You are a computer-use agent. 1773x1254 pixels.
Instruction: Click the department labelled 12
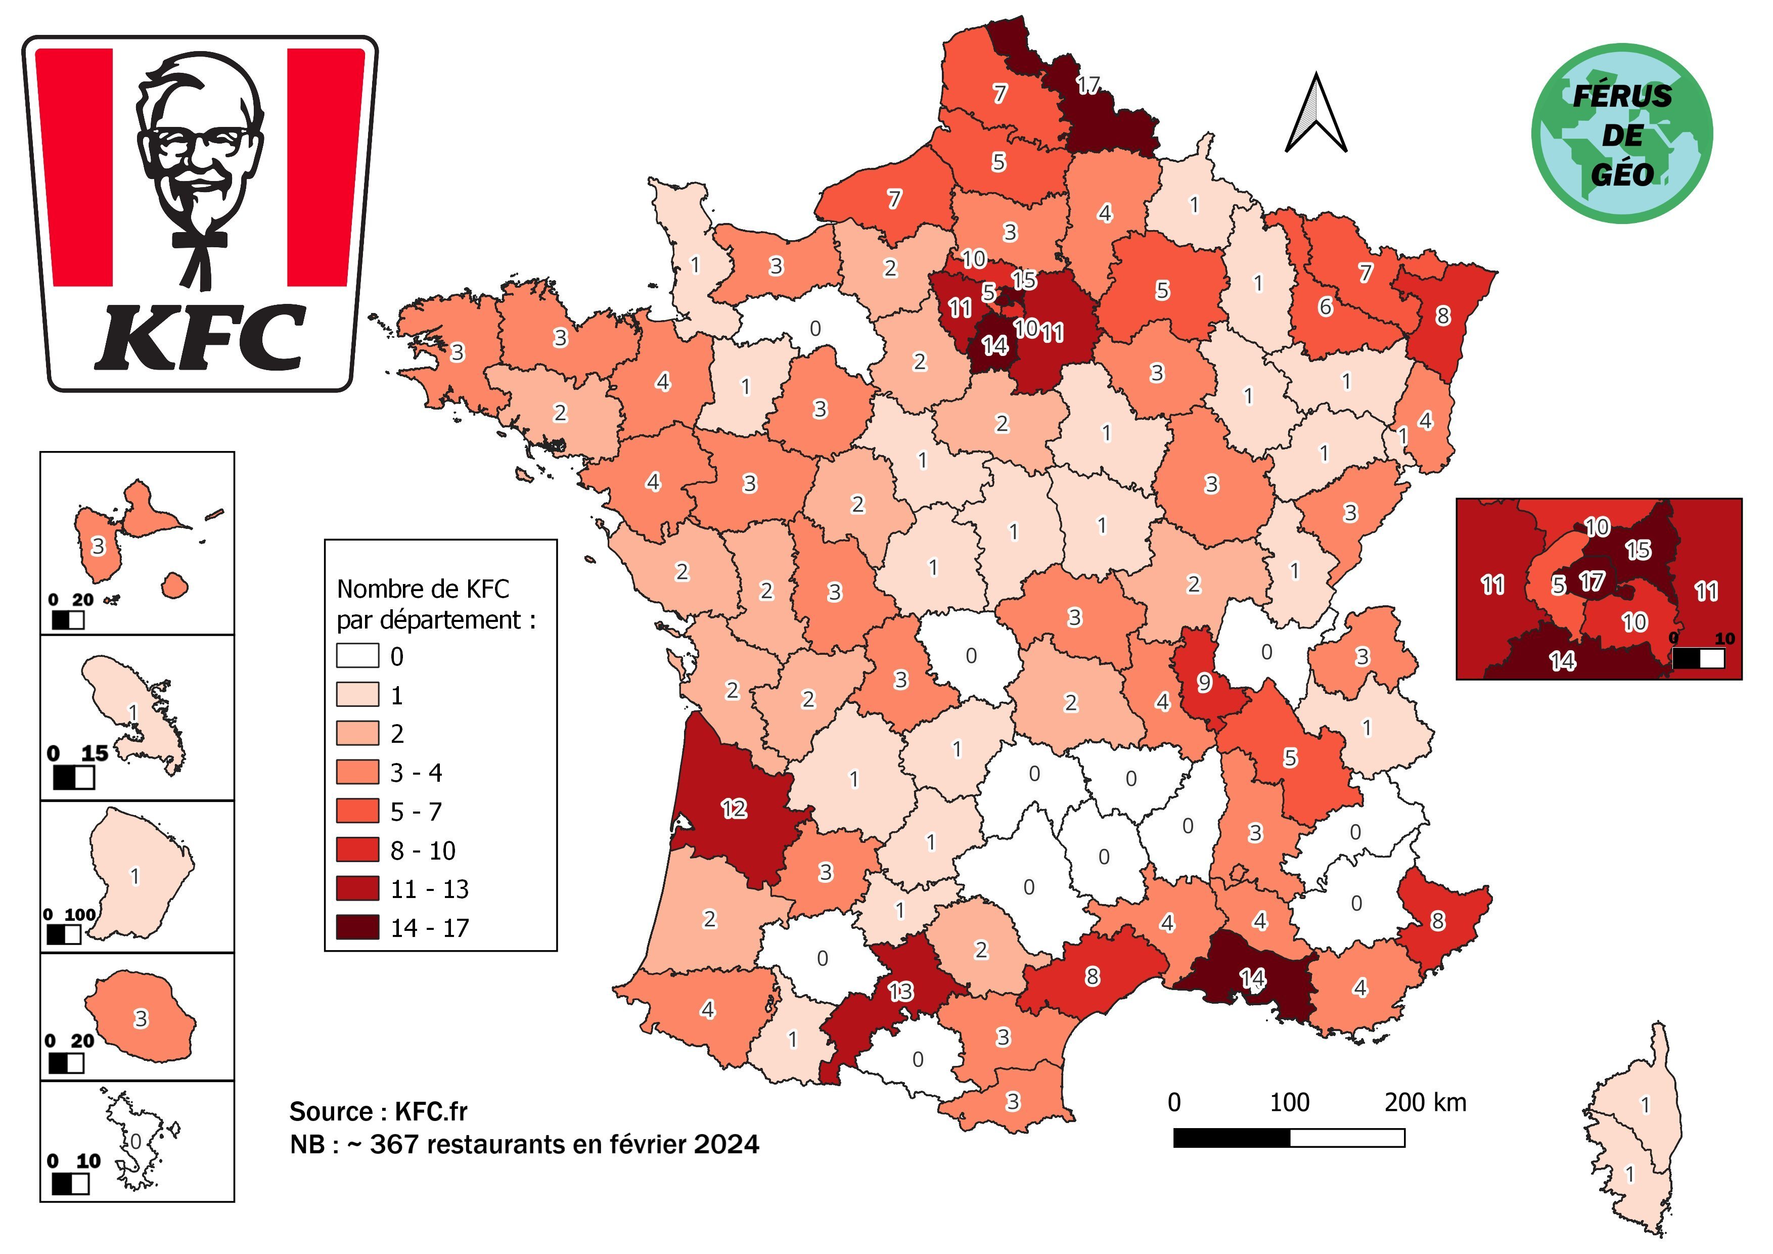[734, 809]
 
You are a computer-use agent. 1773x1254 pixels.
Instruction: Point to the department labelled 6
[1325, 306]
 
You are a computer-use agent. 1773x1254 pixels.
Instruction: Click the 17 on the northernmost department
[1088, 85]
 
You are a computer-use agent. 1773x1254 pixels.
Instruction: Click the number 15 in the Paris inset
[1638, 550]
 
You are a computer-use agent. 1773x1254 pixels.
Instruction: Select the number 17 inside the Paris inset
[1592, 580]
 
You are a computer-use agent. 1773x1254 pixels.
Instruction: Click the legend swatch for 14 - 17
[357, 927]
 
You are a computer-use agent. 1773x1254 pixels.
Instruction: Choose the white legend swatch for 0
[357, 656]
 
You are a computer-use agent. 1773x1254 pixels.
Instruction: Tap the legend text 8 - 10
[423, 850]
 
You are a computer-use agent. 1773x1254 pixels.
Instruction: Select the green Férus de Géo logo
[1622, 133]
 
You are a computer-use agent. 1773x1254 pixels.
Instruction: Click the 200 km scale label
[1425, 1102]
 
